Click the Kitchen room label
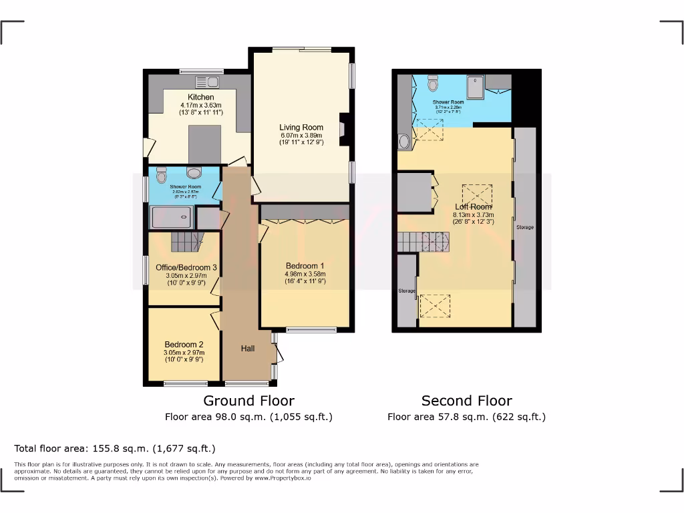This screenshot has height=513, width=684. (200, 97)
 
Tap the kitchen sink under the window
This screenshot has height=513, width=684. (206, 82)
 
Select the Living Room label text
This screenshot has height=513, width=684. (301, 127)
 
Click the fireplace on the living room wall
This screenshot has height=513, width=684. (343, 129)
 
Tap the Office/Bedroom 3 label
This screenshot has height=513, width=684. (186, 267)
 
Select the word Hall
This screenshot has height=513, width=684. (248, 348)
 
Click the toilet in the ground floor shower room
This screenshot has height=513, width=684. (160, 176)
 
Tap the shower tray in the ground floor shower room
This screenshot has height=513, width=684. (172, 218)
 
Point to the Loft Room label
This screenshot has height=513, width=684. (474, 206)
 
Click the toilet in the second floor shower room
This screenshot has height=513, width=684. (432, 83)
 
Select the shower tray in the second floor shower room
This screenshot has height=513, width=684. (478, 85)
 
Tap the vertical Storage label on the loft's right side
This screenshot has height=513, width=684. (525, 227)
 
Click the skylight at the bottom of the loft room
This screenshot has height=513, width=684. (435, 306)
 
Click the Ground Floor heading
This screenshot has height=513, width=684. (248, 401)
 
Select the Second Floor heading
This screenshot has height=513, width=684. (466, 401)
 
